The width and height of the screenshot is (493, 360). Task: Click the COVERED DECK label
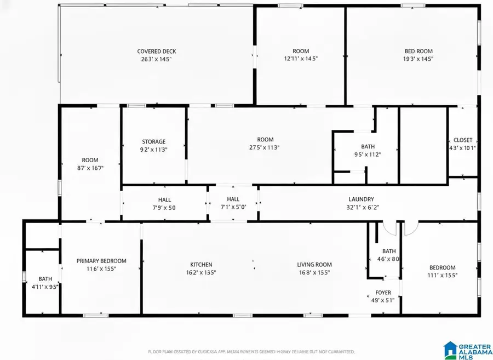click(157, 52)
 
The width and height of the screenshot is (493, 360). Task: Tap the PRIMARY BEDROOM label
click(101, 261)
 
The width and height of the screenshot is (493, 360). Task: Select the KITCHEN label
click(201, 265)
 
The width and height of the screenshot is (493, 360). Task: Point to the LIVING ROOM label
click(314, 265)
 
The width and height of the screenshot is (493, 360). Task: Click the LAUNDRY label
click(361, 199)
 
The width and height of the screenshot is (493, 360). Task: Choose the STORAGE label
click(153, 141)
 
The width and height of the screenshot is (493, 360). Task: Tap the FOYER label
click(383, 293)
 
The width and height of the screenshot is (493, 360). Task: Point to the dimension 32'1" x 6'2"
click(361, 208)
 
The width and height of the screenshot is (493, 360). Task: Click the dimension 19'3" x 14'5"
click(419, 59)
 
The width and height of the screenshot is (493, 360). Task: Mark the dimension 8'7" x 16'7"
click(90, 168)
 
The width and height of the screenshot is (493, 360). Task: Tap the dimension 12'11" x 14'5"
click(301, 59)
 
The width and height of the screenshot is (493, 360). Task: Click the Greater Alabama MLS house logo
click(451, 349)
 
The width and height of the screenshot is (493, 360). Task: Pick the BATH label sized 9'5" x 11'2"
click(368, 146)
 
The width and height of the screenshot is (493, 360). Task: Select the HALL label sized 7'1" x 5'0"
click(233, 199)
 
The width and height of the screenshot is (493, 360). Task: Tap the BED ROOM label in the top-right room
click(419, 52)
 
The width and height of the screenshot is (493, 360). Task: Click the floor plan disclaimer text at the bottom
click(251, 351)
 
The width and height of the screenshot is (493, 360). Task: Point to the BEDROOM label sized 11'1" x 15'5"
click(442, 267)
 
